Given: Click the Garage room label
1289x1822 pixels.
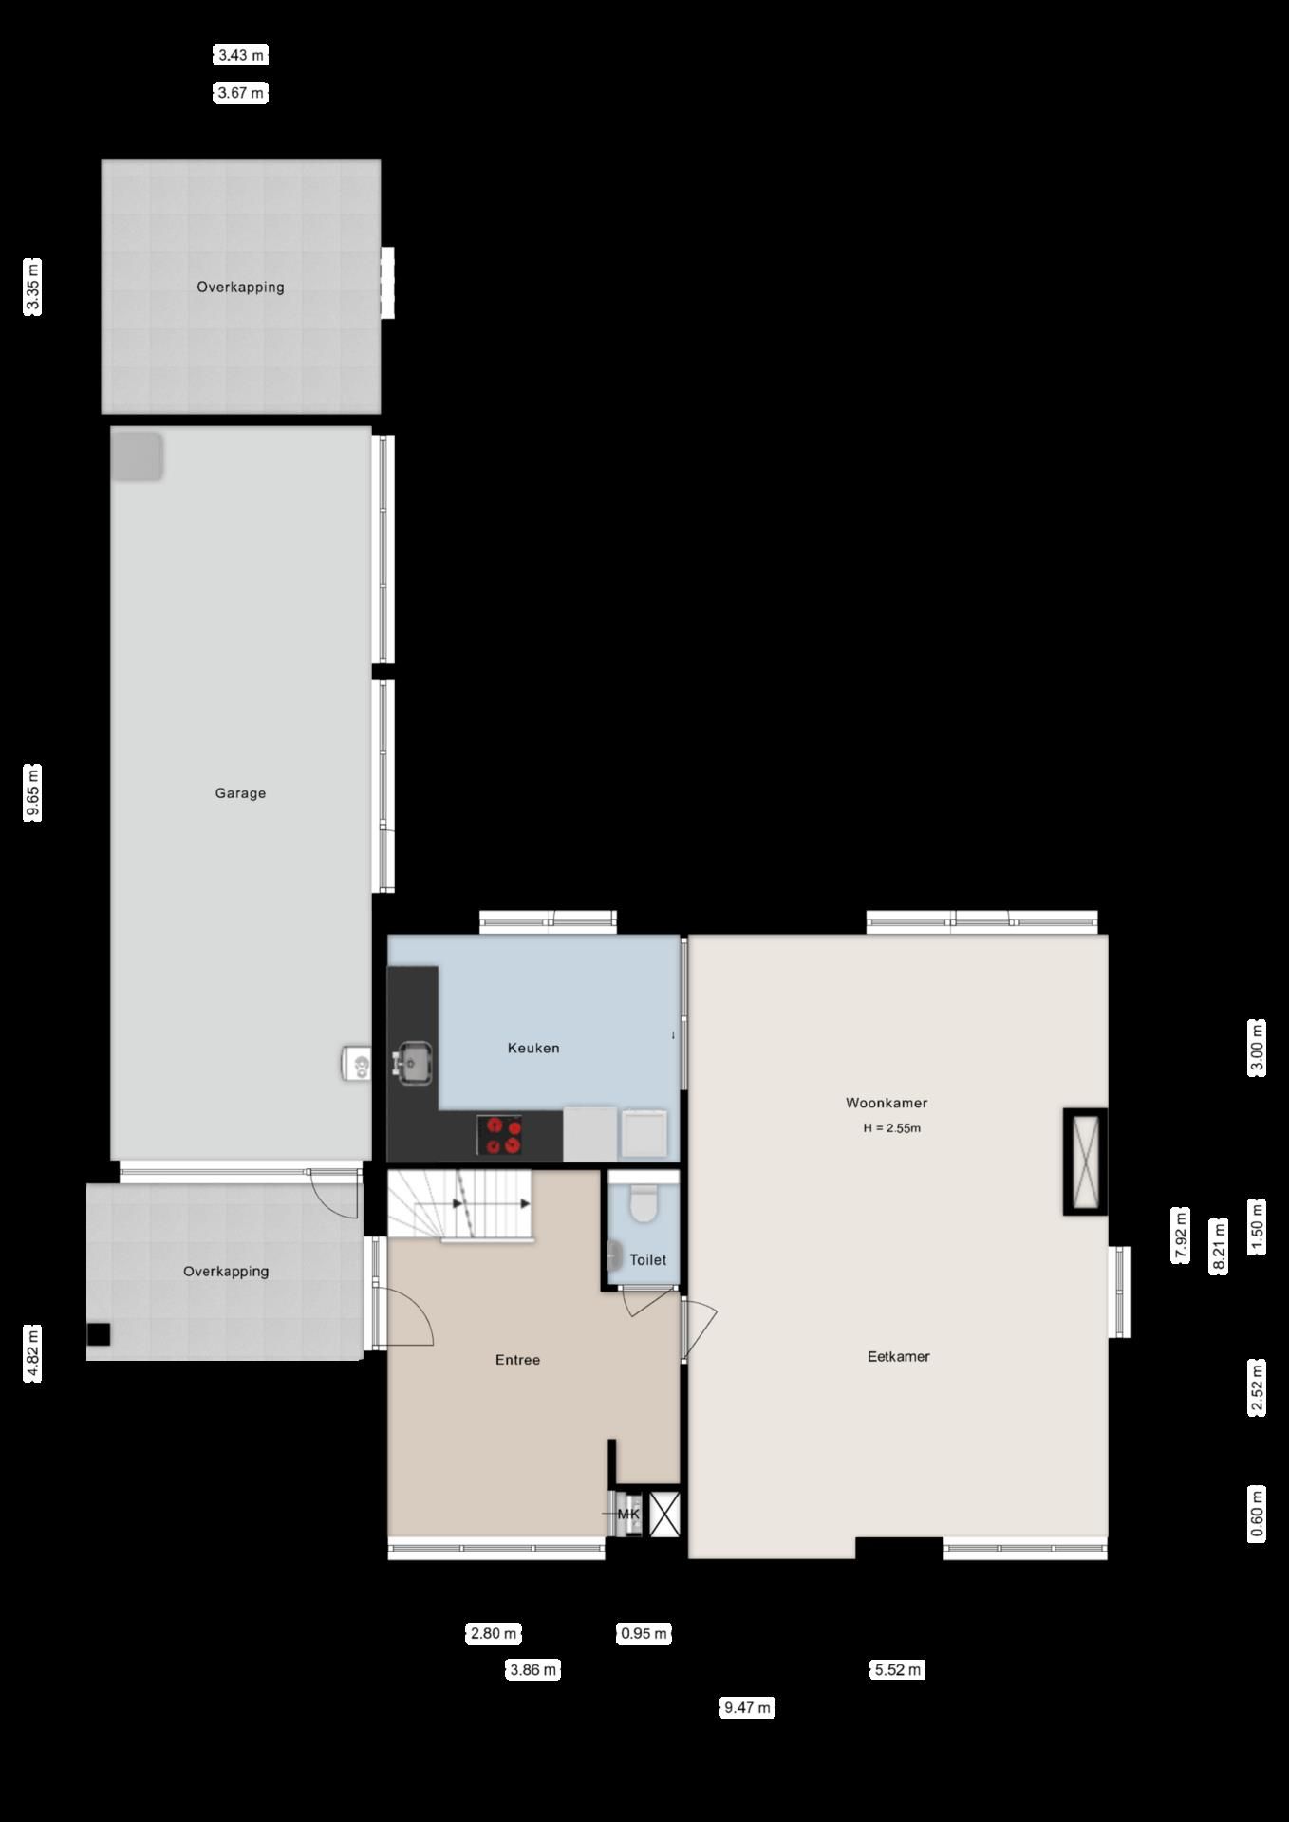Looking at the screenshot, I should coord(240,793).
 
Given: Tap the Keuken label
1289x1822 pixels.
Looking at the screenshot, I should coord(533,1048).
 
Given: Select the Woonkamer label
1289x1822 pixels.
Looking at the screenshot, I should coord(887,1103).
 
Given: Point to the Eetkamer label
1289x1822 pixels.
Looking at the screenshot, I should coord(898,1356).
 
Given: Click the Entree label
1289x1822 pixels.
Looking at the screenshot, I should coord(517,1360).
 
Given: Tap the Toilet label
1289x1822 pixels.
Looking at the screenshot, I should coord(648,1259).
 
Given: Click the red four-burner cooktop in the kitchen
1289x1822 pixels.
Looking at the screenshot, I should coord(500,1135).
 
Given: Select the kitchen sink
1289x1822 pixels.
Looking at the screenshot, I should coord(414,1062).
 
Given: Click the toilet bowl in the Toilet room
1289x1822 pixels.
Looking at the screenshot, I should coord(644,1202).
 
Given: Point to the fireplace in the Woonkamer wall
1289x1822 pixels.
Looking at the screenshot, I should coord(1085,1161).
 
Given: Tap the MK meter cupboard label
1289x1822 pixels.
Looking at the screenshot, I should coord(629,1514).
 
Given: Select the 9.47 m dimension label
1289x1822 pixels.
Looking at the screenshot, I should coord(747,1707).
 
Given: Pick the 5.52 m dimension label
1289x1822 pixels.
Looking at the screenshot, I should coord(897,1669).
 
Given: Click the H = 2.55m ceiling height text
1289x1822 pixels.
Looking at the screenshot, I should coord(892,1128).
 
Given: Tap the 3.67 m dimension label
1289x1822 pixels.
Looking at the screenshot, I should coord(241,93).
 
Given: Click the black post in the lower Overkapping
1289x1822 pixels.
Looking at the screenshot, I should coord(99,1334).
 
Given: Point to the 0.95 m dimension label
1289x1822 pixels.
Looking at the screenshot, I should coord(644,1633).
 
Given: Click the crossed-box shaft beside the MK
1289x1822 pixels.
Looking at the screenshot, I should coord(664,1514).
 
